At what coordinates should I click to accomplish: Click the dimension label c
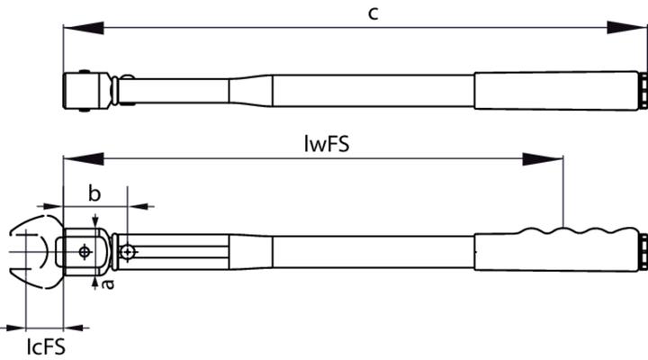373,13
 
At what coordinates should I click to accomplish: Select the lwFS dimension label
327,144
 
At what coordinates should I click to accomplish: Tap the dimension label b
94,193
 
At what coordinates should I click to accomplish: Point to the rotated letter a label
108,283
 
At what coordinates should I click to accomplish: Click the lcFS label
46,346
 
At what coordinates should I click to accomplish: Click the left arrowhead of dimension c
84,28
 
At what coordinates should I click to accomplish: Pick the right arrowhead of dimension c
626,28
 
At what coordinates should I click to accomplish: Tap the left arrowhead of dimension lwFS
84,158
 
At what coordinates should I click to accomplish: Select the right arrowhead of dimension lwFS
543,158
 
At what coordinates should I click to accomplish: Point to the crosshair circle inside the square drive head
85,251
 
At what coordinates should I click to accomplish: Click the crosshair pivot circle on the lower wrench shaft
128,251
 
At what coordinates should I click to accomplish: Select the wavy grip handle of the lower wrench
556,249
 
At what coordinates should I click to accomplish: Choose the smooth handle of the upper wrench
556,91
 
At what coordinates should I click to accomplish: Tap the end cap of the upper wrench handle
643,91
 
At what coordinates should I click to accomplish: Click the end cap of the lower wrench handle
643,252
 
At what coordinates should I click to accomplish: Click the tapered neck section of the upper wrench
250,91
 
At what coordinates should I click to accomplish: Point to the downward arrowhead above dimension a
95,220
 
